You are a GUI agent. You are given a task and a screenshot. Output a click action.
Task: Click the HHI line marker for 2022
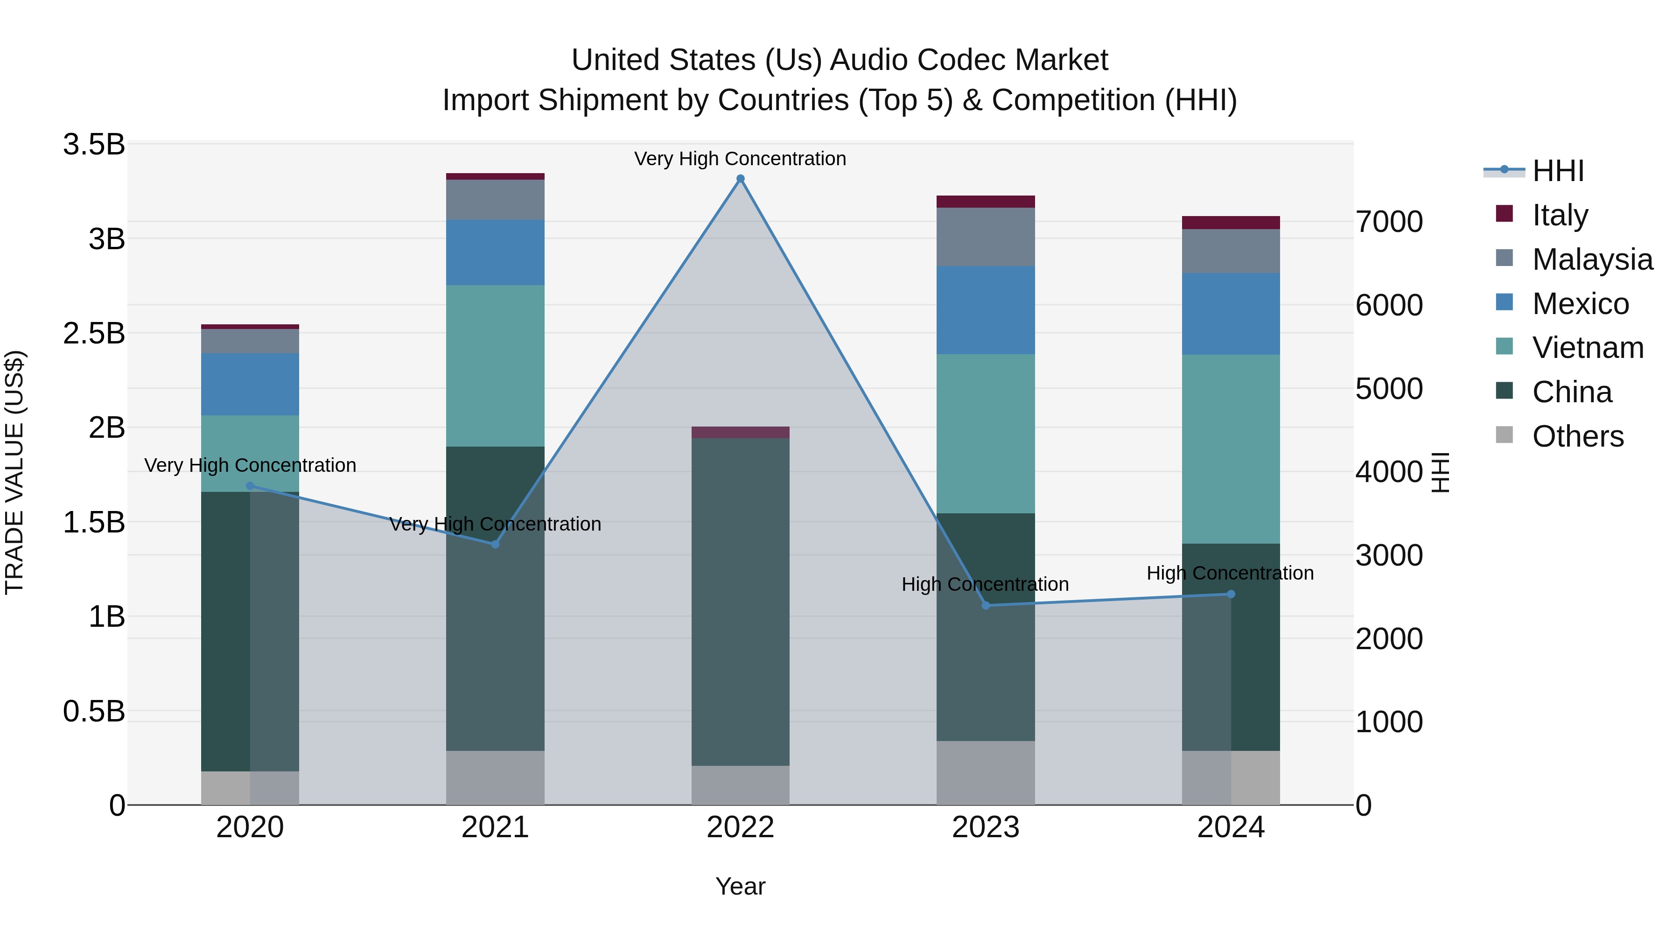tap(740, 179)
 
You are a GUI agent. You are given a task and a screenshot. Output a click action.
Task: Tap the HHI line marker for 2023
tap(986, 605)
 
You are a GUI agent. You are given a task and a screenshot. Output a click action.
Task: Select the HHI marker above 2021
tap(495, 544)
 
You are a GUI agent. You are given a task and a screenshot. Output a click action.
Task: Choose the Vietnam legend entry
tap(1588, 348)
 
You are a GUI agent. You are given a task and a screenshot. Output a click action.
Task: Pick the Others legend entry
tap(1578, 436)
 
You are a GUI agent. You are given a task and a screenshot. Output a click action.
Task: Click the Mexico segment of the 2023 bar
tap(986, 310)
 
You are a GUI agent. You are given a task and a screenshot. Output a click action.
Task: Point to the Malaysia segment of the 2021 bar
tap(495, 200)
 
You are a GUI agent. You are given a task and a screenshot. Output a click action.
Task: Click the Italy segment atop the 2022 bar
tap(740, 433)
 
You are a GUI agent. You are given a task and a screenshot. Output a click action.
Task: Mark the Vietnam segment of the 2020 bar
tap(250, 453)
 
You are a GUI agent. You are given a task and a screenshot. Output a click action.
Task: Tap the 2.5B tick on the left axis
tap(94, 333)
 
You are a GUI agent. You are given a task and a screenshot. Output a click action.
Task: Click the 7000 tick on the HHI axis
tap(1388, 222)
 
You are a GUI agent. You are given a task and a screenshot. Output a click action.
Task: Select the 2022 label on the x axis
tap(740, 827)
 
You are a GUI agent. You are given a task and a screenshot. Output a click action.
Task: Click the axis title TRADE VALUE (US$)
tap(14, 472)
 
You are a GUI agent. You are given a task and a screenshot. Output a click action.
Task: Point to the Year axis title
tap(740, 886)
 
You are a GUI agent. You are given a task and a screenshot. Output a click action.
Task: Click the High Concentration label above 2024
tap(1230, 573)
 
